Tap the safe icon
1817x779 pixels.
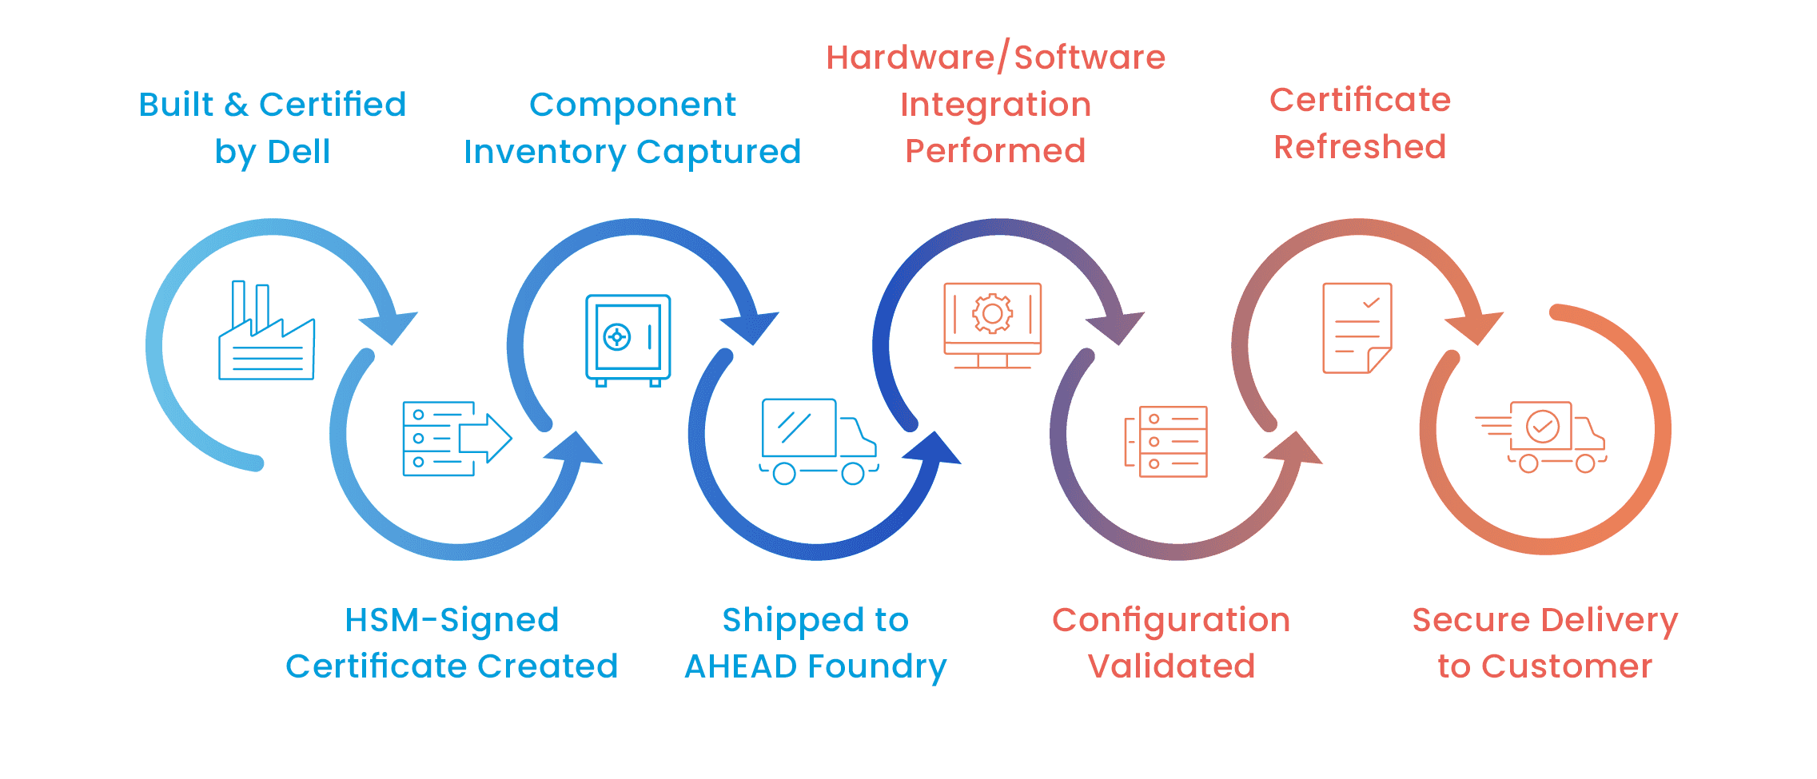click(628, 340)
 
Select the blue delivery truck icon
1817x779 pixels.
click(818, 441)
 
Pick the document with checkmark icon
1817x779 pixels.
click(1357, 328)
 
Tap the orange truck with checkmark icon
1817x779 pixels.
click(1543, 437)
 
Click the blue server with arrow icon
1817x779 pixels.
click(456, 439)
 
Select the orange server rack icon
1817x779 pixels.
click(1167, 441)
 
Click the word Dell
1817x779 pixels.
click(299, 152)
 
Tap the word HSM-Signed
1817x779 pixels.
click(452, 620)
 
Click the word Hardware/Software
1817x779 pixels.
click(995, 58)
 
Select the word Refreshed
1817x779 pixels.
click(1360, 147)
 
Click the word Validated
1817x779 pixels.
click(1171, 666)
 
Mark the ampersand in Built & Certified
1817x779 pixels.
click(236, 105)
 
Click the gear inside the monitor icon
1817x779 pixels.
click(992, 313)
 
